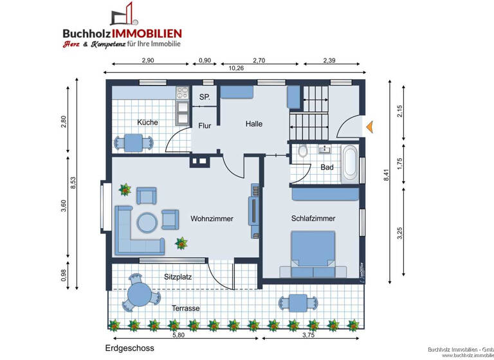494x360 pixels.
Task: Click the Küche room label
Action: coord(147,122)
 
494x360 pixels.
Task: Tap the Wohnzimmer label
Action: coord(212,219)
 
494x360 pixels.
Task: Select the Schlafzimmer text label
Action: coord(313,219)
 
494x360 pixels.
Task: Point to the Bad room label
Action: coord(327,167)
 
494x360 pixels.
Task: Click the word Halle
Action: coord(254,124)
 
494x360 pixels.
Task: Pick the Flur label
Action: coord(205,126)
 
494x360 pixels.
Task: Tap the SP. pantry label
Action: coord(205,97)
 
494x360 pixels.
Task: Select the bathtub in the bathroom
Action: coord(349,162)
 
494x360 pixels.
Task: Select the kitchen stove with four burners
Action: coord(182,93)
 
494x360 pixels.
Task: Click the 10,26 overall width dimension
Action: coord(236,68)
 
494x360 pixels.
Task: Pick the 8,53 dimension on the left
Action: coord(73,182)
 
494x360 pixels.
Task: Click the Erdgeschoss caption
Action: coord(130,348)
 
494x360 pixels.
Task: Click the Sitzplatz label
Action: coord(178,277)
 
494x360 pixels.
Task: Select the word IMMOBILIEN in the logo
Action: coord(147,33)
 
